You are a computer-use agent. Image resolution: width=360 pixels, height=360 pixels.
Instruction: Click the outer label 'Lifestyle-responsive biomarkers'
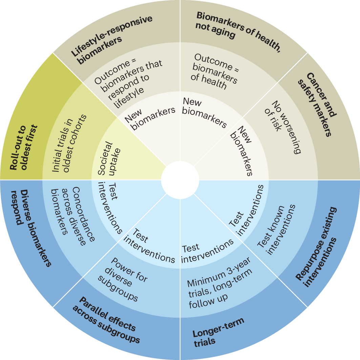[112, 40]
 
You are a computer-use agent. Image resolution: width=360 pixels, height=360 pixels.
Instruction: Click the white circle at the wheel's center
[180, 180]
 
